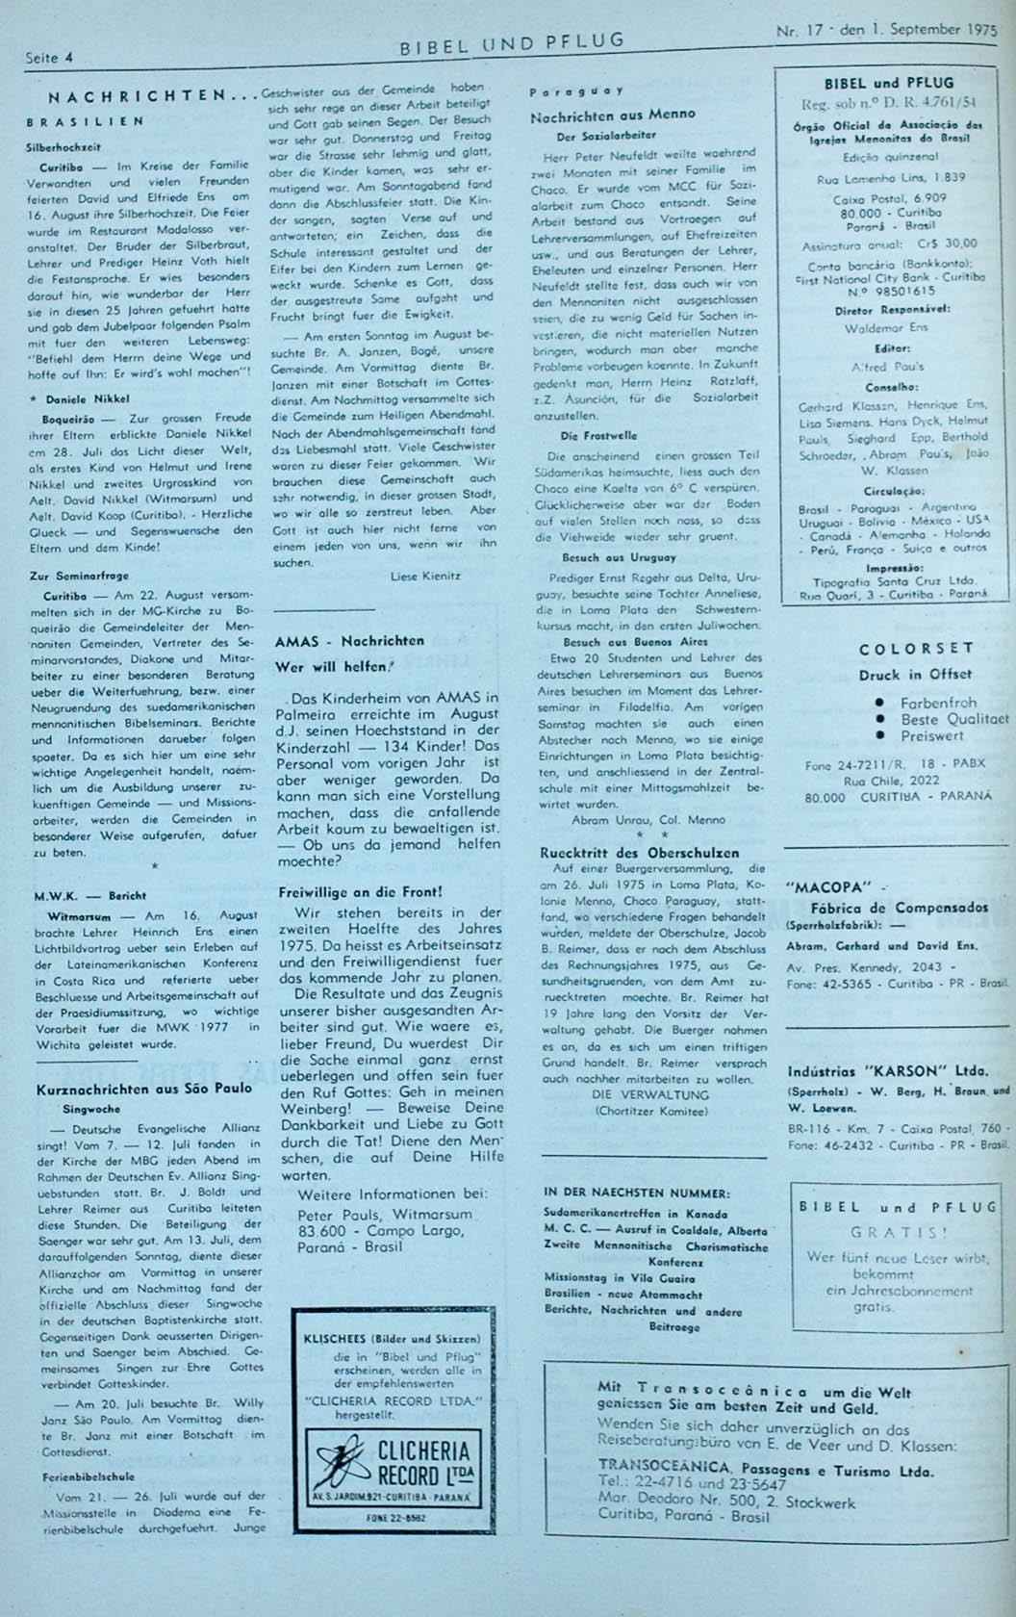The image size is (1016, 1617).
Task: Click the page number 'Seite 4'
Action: pos(49,58)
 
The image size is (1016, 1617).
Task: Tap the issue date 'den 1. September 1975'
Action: pos(904,29)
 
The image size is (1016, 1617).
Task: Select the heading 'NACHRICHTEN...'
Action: pos(149,97)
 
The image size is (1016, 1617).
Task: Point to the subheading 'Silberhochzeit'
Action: pos(63,149)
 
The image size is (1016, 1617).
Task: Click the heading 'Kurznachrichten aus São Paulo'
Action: pos(144,1089)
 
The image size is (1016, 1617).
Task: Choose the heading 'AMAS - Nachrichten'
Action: pos(349,641)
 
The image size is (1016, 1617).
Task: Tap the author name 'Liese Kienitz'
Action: pos(426,576)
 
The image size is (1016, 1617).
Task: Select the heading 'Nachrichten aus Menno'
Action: pos(613,115)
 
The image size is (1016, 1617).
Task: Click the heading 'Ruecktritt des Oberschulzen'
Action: pos(640,853)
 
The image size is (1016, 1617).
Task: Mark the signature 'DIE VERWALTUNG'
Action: pos(638,1094)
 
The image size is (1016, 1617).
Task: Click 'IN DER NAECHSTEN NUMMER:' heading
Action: pos(636,1193)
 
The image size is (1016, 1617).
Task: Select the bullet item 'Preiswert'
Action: pos(932,735)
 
